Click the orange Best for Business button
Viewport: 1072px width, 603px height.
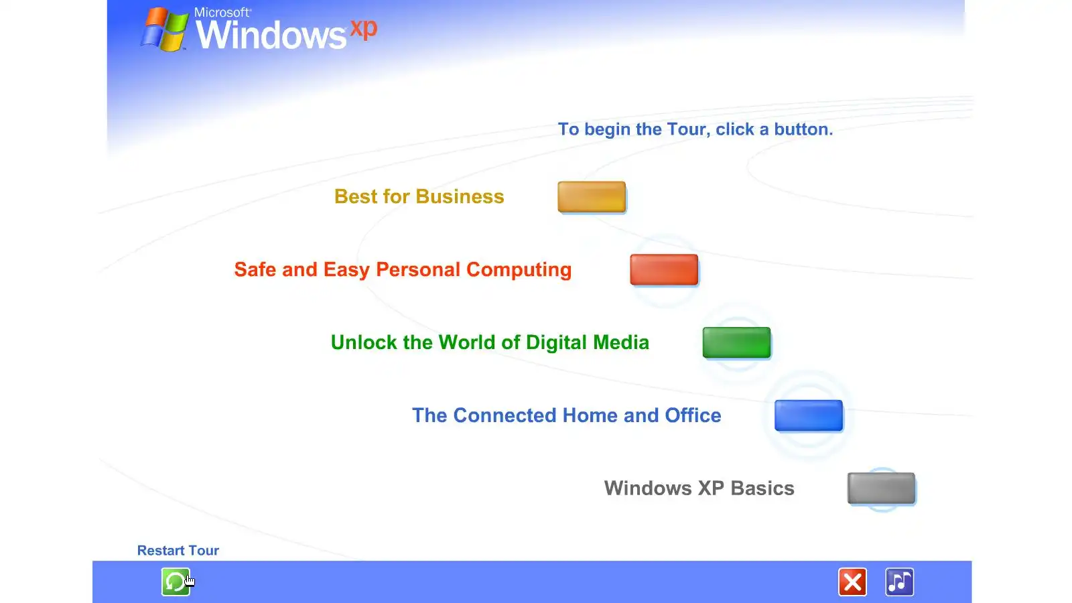tap(592, 197)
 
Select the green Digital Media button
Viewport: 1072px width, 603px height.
tap(736, 342)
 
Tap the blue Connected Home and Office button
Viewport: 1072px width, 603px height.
tap(809, 415)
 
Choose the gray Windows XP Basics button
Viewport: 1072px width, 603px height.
tap(882, 488)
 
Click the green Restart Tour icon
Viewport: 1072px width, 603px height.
tap(176, 582)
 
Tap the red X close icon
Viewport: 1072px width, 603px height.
tap(852, 582)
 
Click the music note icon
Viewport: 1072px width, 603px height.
tap(900, 582)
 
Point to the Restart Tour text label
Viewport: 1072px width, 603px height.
tap(178, 550)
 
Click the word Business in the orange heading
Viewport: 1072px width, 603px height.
tap(460, 197)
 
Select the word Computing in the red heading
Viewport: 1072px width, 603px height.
tap(519, 270)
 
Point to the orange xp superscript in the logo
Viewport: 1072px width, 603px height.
tap(364, 29)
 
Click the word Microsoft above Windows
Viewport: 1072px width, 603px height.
tap(222, 13)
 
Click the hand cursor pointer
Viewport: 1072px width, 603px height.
tap(190, 580)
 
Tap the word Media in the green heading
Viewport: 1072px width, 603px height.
tap(621, 342)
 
